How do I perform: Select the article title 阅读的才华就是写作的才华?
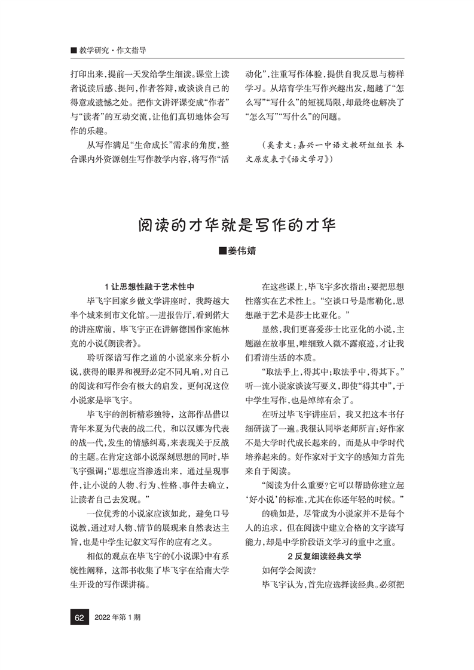[x=237, y=226]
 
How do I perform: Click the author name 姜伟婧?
[x=241, y=251]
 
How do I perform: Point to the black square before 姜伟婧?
[x=223, y=251]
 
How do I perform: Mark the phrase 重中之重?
[x=385, y=541]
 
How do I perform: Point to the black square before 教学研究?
[x=74, y=51]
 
